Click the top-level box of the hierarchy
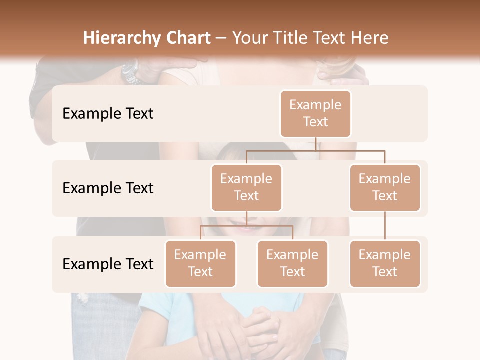[x=315, y=113]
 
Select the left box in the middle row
[x=246, y=187]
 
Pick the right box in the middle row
[x=385, y=187]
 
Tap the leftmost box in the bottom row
[x=200, y=263]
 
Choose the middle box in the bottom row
[x=292, y=263]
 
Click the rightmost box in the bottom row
[x=385, y=263]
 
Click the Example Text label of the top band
[x=108, y=113]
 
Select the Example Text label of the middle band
[x=108, y=188]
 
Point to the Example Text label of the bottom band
[x=108, y=264]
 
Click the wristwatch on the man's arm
[x=131, y=72]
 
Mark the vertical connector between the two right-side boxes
[x=385, y=226]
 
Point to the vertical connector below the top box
[x=315, y=144]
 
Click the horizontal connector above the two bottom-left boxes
[x=246, y=226]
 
